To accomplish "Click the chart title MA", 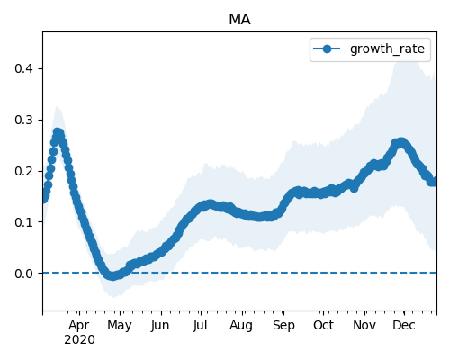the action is [x=239, y=20].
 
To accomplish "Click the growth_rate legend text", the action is [x=387, y=49].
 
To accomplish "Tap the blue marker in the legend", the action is [x=327, y=49].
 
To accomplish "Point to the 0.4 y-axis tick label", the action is [x=23, y=68].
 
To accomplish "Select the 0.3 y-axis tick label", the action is [x=23, y=120].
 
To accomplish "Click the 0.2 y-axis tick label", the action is [x=23, y=171].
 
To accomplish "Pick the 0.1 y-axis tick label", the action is [x=23, y=222].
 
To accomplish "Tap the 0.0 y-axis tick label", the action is [x=23, y=274].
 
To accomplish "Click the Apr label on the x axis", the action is [x=79, y=326].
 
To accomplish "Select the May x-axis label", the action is [x=120, y=326].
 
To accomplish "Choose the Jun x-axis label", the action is [x=160, y=326].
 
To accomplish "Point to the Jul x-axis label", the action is [x=200, y=326].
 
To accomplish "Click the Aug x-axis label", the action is [x=241, y=326].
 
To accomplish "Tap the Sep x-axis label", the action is [x=283, y=326].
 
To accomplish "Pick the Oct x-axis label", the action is [x=323, y=325].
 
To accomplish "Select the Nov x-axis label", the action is [x=364, y=325].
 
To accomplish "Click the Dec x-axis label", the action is [x=404, y=325].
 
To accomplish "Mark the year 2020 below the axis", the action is [x=79, y=339].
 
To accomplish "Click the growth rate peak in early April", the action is [x=58, y=132].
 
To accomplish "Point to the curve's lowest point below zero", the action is [x=112, y=276].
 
